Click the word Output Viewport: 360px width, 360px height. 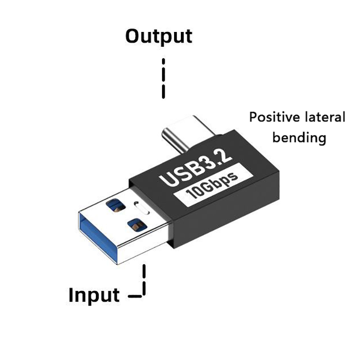click(x=158, y=36)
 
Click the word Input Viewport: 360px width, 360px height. click(x=94, y=295)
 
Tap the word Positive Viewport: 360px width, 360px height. click(x=274, y=117)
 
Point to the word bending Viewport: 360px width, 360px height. click(x=299, y=137)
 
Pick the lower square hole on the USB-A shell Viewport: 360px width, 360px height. click(x=137, y=224)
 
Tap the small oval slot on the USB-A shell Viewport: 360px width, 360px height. click(x=142, y=208)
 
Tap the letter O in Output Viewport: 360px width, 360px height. click(x=134, y=36)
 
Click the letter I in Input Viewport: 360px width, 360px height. click(x=71, y=295)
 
